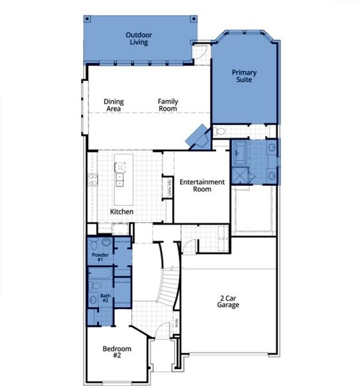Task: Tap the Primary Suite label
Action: [x=245, y=76]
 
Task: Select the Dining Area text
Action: [x=114, y=105]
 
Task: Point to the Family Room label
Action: [x=168, y=105]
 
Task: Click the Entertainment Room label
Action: [x=202, y=186]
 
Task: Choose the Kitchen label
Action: [x=122, y=212]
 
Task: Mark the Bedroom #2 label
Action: [x=117, y=352]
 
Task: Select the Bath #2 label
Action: [x=105, y=299]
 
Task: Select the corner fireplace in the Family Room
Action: [x=195, y=137]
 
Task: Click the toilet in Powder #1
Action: [x=94, y=244]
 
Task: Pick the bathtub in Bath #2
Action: [x=103, y=282]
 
